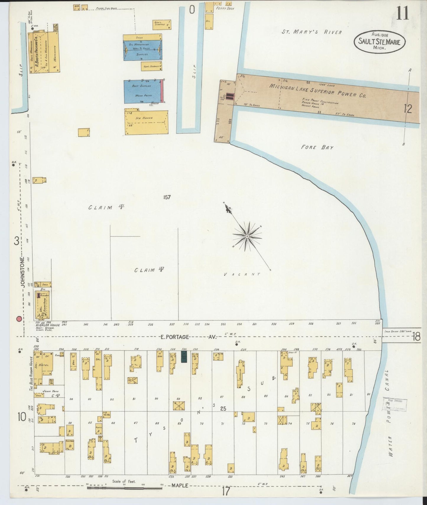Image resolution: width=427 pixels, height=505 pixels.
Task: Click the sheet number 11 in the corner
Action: coord(402,14)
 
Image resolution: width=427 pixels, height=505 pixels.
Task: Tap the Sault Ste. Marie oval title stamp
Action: coord(379,42)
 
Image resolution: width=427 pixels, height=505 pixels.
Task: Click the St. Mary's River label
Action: coord(311,32)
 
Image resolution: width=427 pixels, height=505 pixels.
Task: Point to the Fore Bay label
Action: coord(317,147)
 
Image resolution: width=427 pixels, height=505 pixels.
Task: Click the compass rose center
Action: coord(247,236)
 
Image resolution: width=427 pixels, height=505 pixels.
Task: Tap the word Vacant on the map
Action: coord(242,274)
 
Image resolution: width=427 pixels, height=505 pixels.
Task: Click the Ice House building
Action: coord(146,122)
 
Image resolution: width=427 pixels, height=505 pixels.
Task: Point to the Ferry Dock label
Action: coord(225,9)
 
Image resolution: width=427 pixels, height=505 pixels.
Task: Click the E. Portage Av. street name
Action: coord(189,337)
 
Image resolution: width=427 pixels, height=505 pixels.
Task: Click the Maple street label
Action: coord(180,485)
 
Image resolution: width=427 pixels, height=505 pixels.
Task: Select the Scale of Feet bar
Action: coord(124,488)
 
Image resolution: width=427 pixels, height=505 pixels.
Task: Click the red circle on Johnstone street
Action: coord(19,319)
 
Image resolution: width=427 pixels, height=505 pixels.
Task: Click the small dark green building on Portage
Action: coord(184,357)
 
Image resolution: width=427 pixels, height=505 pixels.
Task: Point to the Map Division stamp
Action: coord(395,405)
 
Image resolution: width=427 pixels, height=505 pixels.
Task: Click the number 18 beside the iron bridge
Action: coord(416,337)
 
